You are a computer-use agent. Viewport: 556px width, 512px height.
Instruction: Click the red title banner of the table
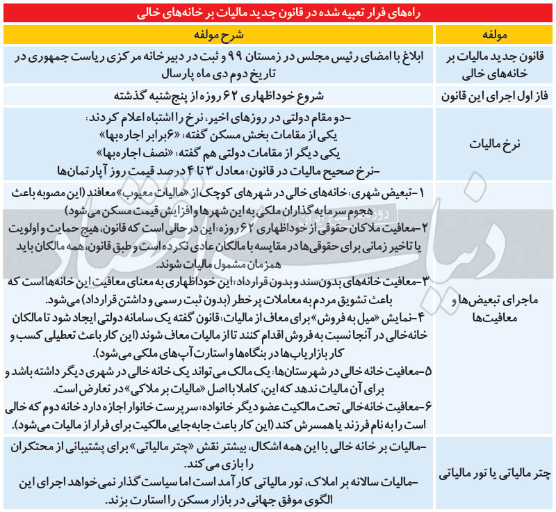point(278,13)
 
